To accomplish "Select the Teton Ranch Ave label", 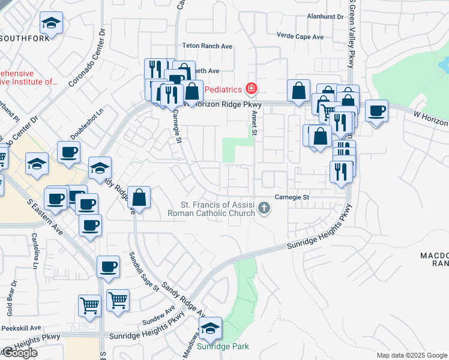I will point(207,46).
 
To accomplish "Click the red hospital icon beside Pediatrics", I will point(251,89).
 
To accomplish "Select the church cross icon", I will point(264,208).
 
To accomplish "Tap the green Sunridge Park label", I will point(223,347).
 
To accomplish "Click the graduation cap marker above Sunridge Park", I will point(210,328).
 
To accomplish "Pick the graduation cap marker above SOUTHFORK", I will point(52,23).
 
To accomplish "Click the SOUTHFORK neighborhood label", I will point(24,38).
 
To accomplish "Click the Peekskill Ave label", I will point(20,328).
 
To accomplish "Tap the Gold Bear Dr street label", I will point(10,291).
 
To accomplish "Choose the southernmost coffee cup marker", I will point(109,267).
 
